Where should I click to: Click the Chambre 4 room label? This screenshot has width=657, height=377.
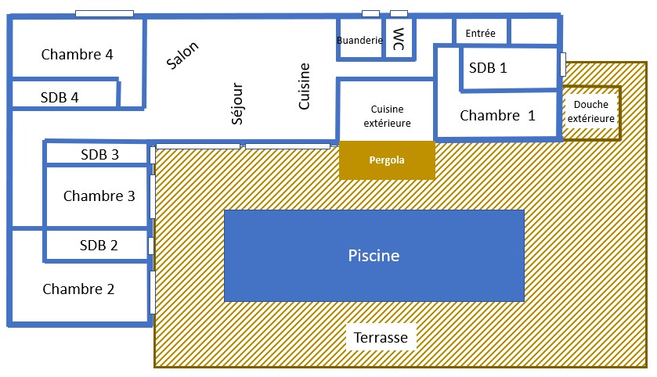(77, 55)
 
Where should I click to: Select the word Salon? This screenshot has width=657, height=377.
(183, 56)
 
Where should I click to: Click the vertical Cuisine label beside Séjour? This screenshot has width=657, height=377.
(305, 86)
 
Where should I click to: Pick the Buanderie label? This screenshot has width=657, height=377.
(359, 41)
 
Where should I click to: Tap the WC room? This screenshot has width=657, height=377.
(399, 38)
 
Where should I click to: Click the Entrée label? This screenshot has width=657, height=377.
(480, 33)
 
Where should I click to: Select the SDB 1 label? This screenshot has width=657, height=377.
(488, 68)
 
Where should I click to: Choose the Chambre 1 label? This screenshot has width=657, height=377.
(497, 116)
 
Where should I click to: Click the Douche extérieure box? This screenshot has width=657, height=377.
(591, 112)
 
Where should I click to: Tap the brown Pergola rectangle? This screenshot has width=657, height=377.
(387, 160)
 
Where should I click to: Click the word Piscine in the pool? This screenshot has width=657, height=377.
(374, 256)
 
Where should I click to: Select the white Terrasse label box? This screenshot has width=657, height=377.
(381, 338)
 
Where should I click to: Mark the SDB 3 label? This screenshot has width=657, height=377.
(99, 154)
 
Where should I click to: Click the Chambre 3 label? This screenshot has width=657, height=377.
(99, 196)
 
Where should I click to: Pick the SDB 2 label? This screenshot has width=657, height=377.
(99, 245)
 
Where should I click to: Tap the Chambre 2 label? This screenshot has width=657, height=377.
(78, 289)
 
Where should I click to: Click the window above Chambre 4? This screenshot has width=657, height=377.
(104, 13)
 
